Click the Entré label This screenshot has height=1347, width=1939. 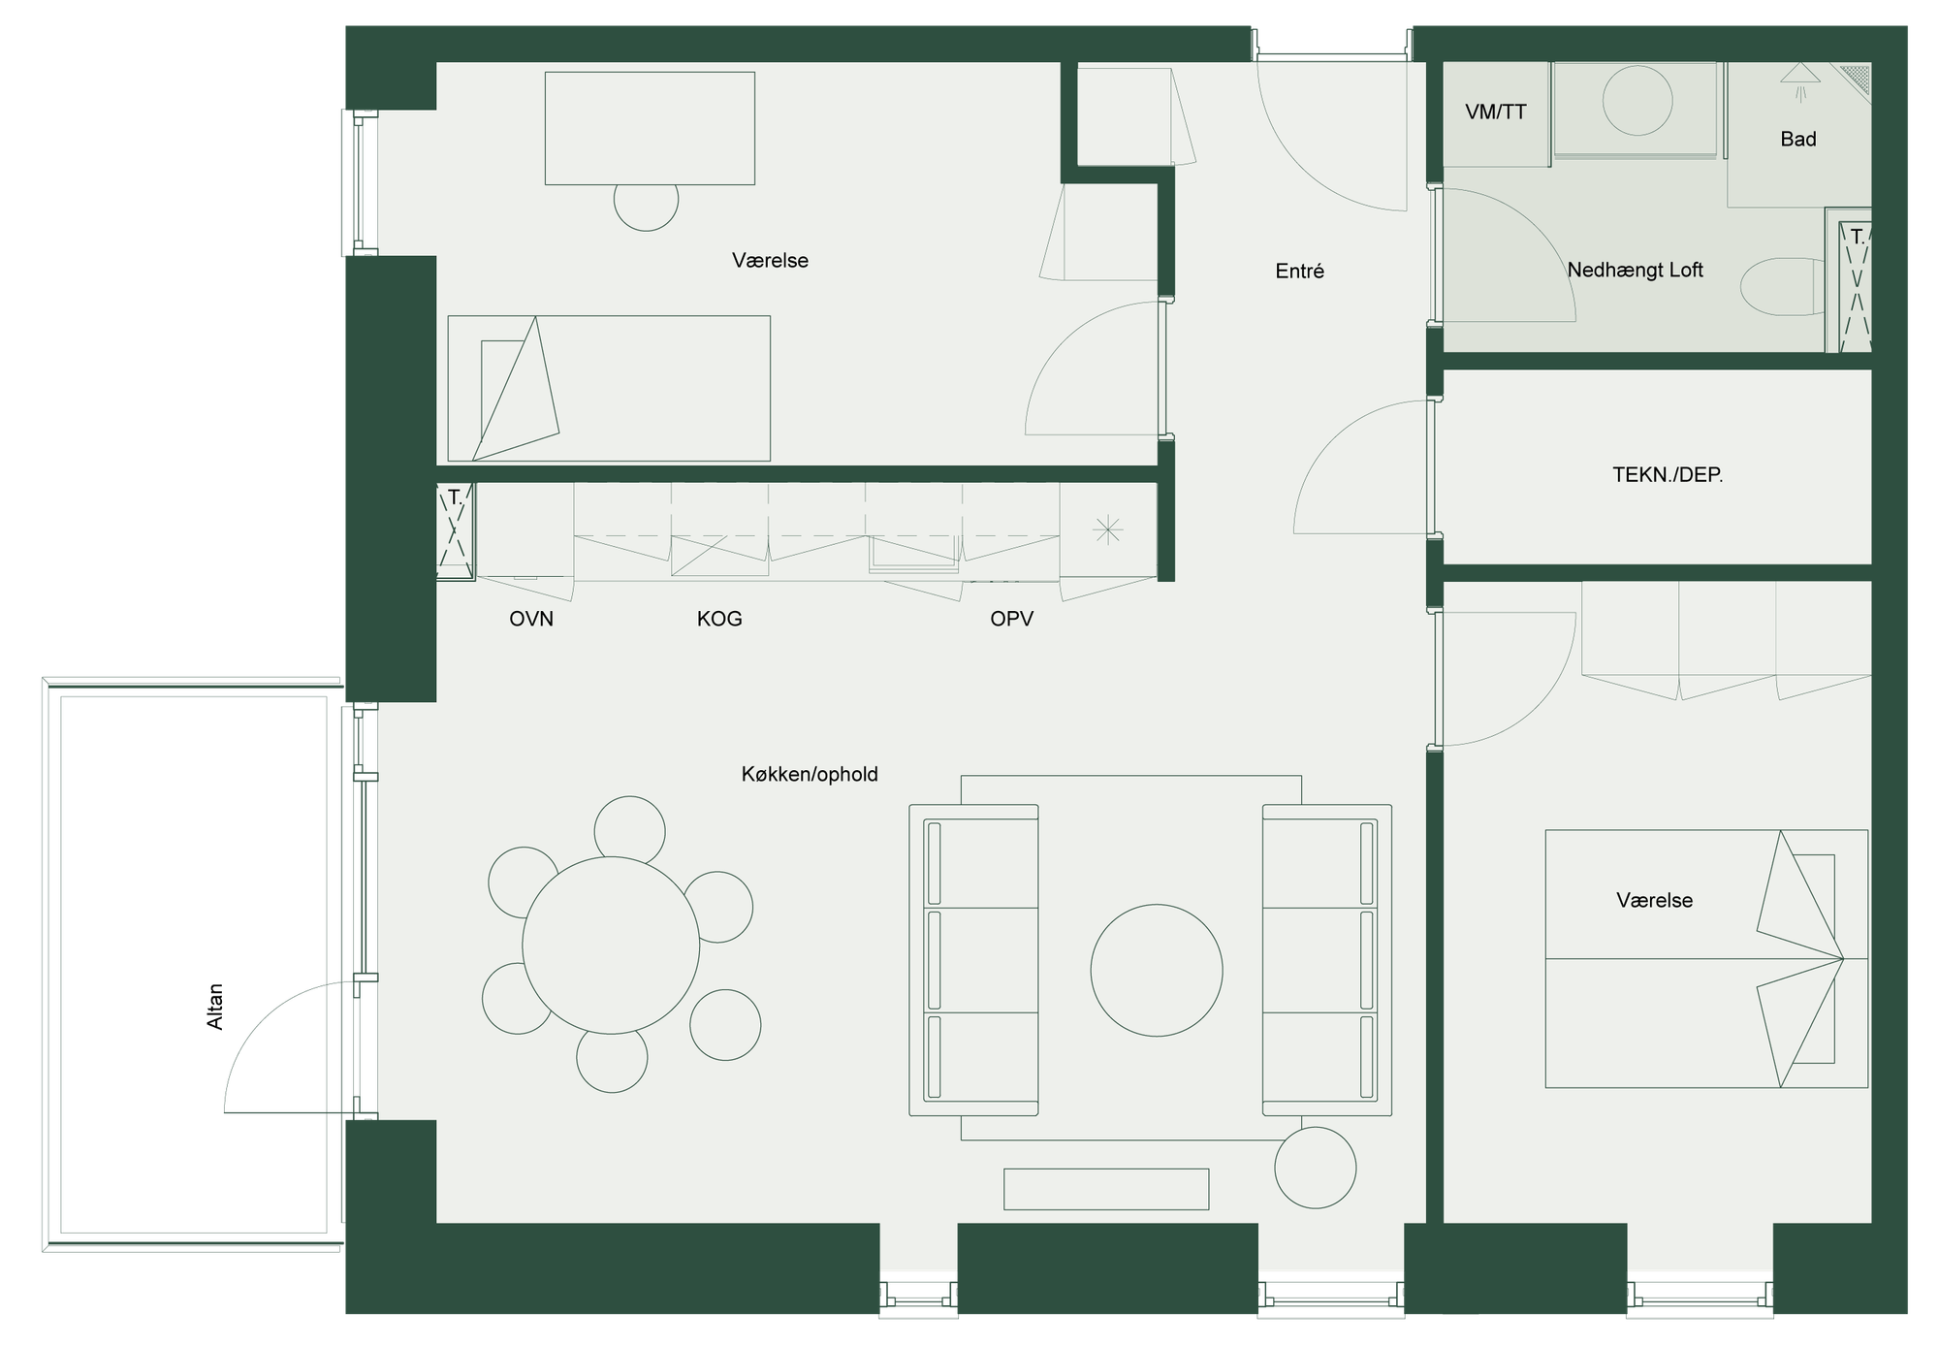1299,272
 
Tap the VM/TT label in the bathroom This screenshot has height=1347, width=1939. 1496,112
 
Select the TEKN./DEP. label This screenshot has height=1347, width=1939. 1668,475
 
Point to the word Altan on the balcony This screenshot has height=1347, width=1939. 215,1007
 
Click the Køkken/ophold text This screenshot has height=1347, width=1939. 810,774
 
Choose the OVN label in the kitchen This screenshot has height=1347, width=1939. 531,619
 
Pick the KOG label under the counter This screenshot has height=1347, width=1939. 719,619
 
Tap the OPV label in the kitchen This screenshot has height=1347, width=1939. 1011,619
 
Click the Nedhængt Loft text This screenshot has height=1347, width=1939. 1636,271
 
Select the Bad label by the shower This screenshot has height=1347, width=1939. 1798,140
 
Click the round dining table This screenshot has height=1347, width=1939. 611,946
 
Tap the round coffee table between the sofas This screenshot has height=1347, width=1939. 1157,971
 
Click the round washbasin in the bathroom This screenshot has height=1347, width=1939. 1637,101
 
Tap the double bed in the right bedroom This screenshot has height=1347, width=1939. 1706,959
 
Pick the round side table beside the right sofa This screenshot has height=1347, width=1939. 1316,1168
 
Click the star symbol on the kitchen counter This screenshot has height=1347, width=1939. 1107,530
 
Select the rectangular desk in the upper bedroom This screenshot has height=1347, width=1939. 650,128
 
